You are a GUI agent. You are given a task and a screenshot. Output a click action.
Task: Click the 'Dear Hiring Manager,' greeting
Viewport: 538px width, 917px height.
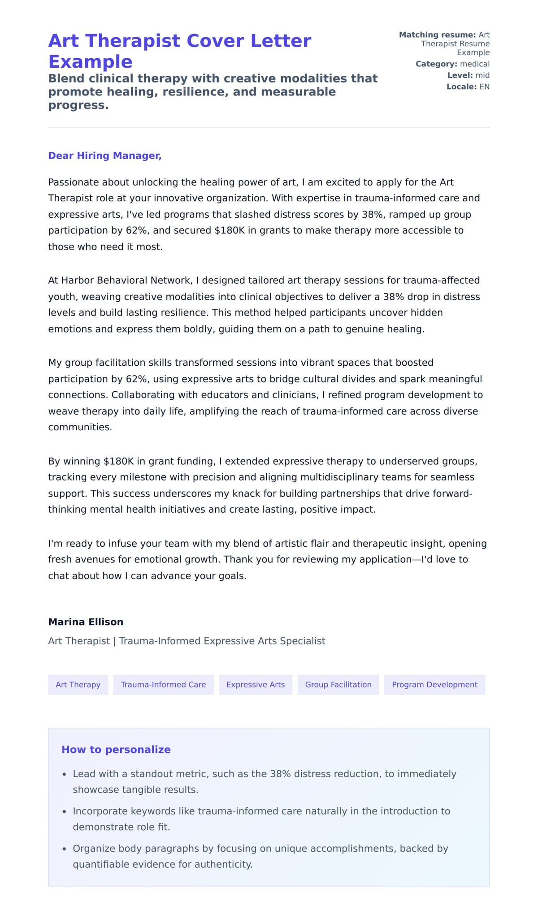click(x=104, y=156)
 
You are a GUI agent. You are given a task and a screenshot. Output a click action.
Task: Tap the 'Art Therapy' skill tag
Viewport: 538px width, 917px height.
click(x=78, y=684)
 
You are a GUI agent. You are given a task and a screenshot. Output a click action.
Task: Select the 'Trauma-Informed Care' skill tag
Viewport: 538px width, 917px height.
click(x=163, y=684)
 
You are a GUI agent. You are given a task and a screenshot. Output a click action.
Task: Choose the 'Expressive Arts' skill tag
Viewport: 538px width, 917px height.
click(x=255, y=684)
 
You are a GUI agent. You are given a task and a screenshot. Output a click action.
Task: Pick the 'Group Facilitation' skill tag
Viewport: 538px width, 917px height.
click(x=338, y=684)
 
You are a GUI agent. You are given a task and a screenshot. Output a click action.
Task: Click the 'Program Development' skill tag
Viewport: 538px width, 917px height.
click(x=434, y=684)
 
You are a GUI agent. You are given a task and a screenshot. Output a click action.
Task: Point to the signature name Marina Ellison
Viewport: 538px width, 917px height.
click(x=86, y=622)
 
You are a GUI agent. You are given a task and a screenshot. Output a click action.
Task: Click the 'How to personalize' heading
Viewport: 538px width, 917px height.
click(x=116, y=749)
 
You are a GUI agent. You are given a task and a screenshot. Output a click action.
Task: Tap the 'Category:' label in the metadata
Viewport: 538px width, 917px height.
click(x=436, y=64)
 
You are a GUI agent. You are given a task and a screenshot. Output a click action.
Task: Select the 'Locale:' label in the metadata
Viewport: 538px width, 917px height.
click(x=461, y=87)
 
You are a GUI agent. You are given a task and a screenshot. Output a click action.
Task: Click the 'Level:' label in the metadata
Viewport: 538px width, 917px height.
click(x=460, y=75)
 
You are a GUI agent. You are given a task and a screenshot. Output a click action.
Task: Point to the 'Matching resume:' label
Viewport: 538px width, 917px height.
click(x=437, y=35)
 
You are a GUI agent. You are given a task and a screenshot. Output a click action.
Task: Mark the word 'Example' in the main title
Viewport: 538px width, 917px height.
click(x=90, y=61)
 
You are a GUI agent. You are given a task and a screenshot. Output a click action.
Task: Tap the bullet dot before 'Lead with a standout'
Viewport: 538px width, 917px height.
click(x=65, y=774)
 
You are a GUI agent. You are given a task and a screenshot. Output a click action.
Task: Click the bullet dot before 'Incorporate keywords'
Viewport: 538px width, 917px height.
click(x=65, y=812)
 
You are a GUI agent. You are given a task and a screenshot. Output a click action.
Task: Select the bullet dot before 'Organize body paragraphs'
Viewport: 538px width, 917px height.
click(x=65, y=849)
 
